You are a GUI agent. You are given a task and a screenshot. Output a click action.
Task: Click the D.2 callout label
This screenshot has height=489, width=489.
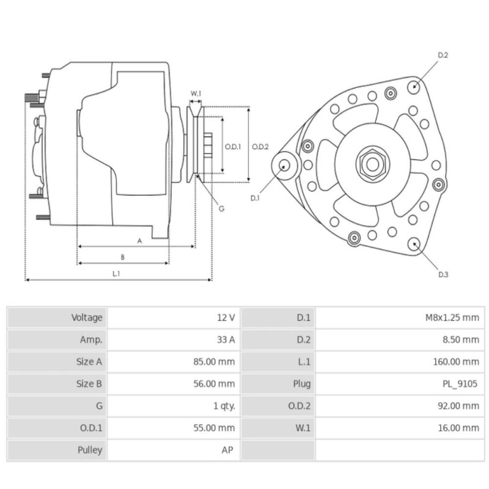[x=443, y=56]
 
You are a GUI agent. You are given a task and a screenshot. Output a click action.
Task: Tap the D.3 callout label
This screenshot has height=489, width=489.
[x=443, y=274]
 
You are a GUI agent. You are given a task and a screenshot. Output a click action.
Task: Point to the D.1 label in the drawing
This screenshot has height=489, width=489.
[x=256, y=198]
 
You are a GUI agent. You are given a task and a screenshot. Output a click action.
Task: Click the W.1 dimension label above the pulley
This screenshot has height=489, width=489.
[x=196, y=94]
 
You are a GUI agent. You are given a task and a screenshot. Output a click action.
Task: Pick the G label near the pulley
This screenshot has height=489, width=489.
[x=221, y=208]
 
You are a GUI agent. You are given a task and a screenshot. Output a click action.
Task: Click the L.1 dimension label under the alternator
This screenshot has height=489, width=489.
[x=116, y=274]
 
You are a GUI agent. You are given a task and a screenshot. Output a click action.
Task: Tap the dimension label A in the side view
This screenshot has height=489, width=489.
[x=139, y=241]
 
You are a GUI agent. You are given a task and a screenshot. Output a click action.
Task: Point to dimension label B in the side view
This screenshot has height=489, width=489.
[x=122, y=257]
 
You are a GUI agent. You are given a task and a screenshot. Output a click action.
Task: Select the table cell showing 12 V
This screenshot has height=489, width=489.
[x=226, y=318]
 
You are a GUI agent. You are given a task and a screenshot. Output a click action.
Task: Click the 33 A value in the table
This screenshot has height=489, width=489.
[x=226, y=340]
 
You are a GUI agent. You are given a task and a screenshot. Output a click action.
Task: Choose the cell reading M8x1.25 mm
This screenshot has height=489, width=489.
[x=452, y=318]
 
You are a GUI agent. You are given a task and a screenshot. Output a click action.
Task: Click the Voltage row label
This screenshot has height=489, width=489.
[x=87, y=318]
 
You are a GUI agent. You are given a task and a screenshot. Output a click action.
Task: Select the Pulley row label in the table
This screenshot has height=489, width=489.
[x=90, y=450]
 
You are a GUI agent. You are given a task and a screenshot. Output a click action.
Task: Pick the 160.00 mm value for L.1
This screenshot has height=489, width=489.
[x=456, y=362]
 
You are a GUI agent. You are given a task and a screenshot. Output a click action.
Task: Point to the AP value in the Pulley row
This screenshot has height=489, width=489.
[x=228, y=450]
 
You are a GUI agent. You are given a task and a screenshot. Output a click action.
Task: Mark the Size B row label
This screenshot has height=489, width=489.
[x=89, y=384]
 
